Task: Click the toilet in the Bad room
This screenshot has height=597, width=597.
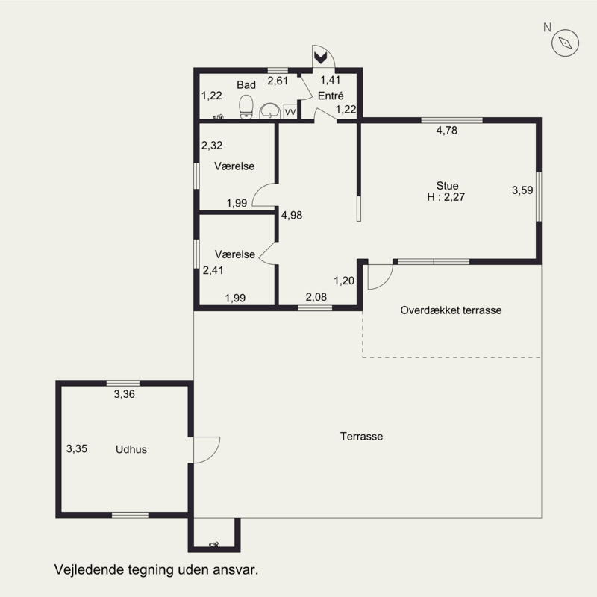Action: click(246, 107)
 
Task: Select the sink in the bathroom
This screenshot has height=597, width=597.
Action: click(270, 111)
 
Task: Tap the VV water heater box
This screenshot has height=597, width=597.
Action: click(290, 111)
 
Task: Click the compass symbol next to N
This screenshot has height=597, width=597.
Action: click(565, 43)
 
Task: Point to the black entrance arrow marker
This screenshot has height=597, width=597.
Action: click(321, 58)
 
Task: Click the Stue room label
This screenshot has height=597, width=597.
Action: click(447, 185)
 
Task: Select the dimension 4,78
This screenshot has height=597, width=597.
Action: click(446, 130)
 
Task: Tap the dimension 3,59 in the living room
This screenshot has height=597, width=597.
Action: click(522, 190)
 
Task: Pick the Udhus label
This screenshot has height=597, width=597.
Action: click(131, 449)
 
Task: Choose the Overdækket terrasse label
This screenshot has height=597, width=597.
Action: click(451, 310)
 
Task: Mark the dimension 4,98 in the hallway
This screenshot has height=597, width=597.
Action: click(292, 215)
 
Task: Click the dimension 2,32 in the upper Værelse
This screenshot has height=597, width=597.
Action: click(212, 145)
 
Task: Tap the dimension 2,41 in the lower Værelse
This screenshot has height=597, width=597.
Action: click(213, 270)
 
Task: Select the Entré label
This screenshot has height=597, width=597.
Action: click(331, 96)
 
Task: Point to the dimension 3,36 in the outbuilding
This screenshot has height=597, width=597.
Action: click(124, 394)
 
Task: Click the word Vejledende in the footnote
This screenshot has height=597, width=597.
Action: click(89, 570)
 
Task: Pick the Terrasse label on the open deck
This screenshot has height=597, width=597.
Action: click(361, 436)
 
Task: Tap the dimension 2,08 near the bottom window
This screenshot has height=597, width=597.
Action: click(316, 296)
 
